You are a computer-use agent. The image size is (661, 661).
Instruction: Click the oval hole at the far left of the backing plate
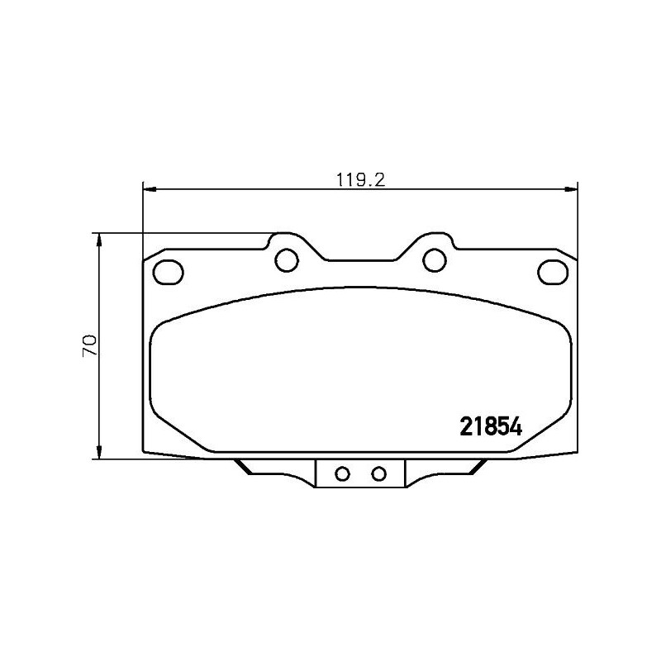coord(169,270)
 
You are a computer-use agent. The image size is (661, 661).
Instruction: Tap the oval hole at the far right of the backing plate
coord(551,270)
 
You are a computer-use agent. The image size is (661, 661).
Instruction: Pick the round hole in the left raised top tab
coord(286,259)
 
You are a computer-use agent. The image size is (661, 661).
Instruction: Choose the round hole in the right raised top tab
coord(434,259)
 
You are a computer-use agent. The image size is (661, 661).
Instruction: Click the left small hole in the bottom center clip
coord(341,473)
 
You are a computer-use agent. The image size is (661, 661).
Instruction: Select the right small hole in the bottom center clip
coord(378,473)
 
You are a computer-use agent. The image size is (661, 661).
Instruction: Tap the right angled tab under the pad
coord(473,468)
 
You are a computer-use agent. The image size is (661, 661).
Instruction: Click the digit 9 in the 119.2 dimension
coord(356,178)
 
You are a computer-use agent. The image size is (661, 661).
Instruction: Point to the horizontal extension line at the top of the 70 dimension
coord(182,233)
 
